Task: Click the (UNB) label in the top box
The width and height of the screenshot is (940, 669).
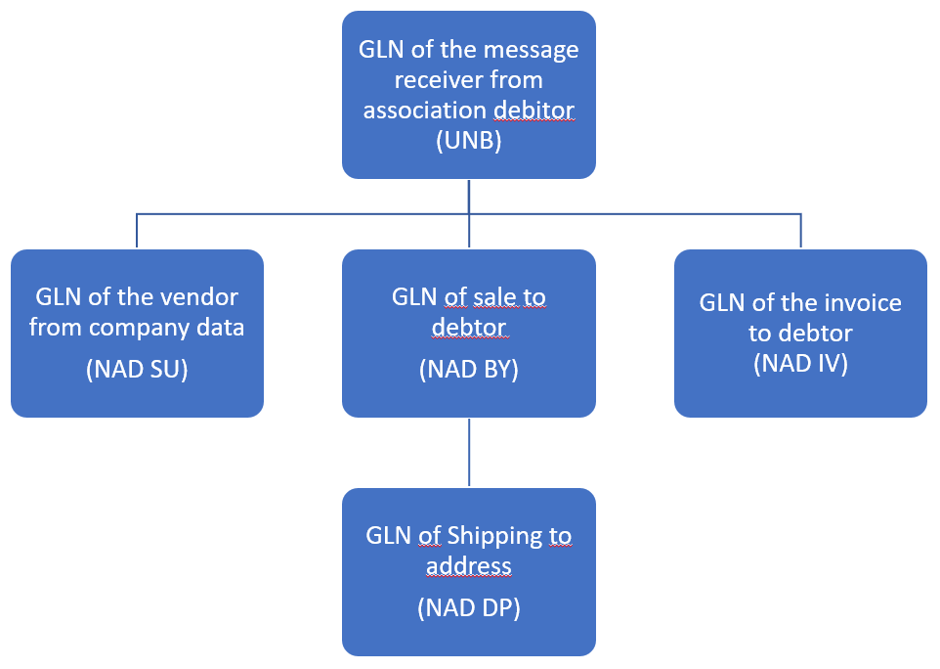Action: (x=469, y=140)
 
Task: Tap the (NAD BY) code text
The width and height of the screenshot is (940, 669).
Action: (x=469, y=369)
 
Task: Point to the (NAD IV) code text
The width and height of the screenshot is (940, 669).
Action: (x=800, y=364)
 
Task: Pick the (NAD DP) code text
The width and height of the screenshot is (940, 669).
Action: (x=469, y=607)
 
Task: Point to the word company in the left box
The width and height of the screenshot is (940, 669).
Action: (x=143, y=327)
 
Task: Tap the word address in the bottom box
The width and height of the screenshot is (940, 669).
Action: (x=469, y=565)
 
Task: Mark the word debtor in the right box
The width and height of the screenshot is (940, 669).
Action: (x=816, y=333)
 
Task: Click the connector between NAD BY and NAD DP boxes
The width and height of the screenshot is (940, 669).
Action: (x=469, y=452)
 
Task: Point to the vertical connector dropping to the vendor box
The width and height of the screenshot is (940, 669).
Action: (x=137, y=231)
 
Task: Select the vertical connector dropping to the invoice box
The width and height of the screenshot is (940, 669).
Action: (x=800, y=231)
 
